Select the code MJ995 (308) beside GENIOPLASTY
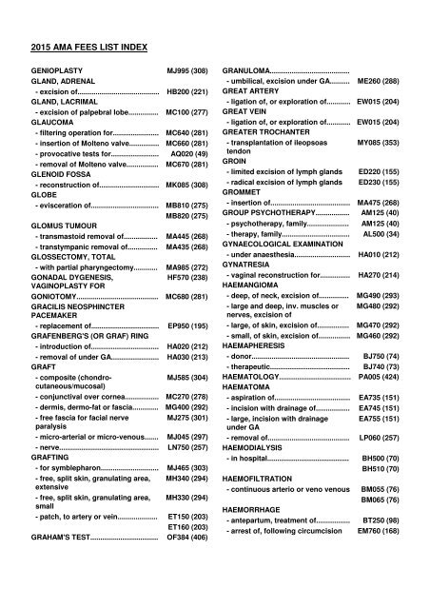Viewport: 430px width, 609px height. point(187,71)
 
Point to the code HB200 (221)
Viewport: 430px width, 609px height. point(187,91)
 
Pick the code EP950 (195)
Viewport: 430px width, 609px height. point(187,324)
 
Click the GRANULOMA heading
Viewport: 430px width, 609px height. point(249,71)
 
